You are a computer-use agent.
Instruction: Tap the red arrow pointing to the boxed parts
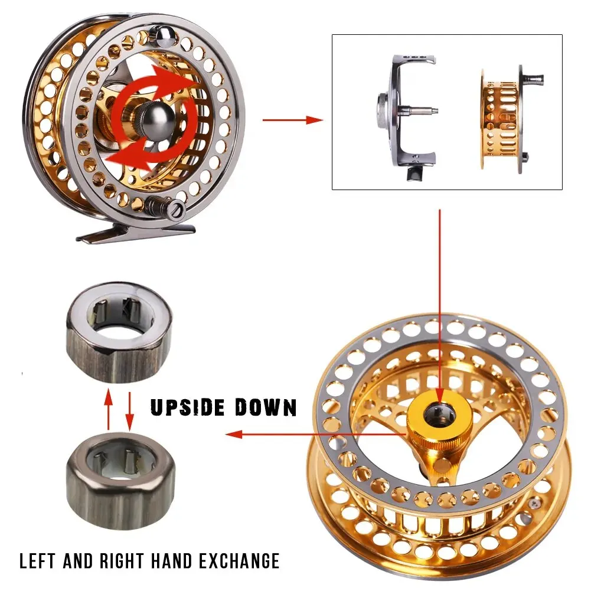(292, 120)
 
